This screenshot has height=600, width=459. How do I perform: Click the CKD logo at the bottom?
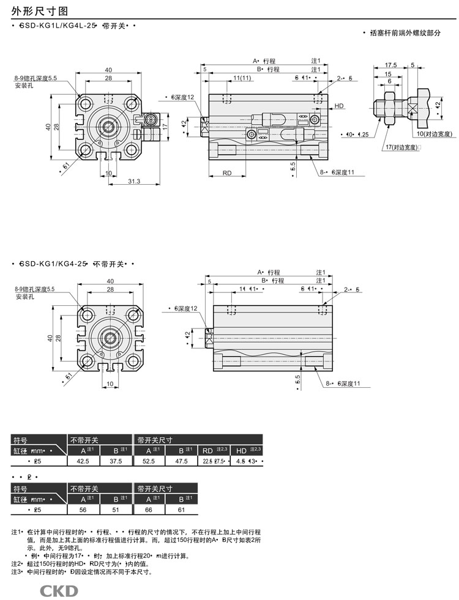59,590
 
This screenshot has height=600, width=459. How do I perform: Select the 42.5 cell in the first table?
83,461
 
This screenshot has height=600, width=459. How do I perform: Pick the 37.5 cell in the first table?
116,461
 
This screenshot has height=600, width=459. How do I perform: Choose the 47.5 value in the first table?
181,461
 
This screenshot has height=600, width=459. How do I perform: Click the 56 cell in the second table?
83,509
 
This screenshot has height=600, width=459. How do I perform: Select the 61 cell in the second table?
181,509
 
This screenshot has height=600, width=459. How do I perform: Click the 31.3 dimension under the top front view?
135,181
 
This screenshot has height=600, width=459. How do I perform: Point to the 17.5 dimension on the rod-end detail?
390,64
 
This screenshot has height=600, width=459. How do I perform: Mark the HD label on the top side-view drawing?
340,106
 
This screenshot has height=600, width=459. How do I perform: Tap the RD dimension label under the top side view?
226,173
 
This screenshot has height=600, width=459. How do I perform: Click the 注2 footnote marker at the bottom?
16,563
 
